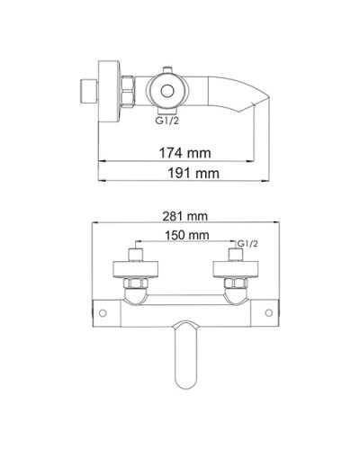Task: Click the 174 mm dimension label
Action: (184, 153)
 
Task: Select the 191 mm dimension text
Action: (193, 174)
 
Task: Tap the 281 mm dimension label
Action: (184, 216)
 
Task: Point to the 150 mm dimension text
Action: (186, 235)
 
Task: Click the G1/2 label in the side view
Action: (166, 121)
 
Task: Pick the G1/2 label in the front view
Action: (247, 244)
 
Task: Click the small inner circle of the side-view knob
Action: (167, 91)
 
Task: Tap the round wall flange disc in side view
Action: (110, 92)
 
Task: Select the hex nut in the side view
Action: (128, 92)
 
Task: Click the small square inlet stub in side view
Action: (89, 92)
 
